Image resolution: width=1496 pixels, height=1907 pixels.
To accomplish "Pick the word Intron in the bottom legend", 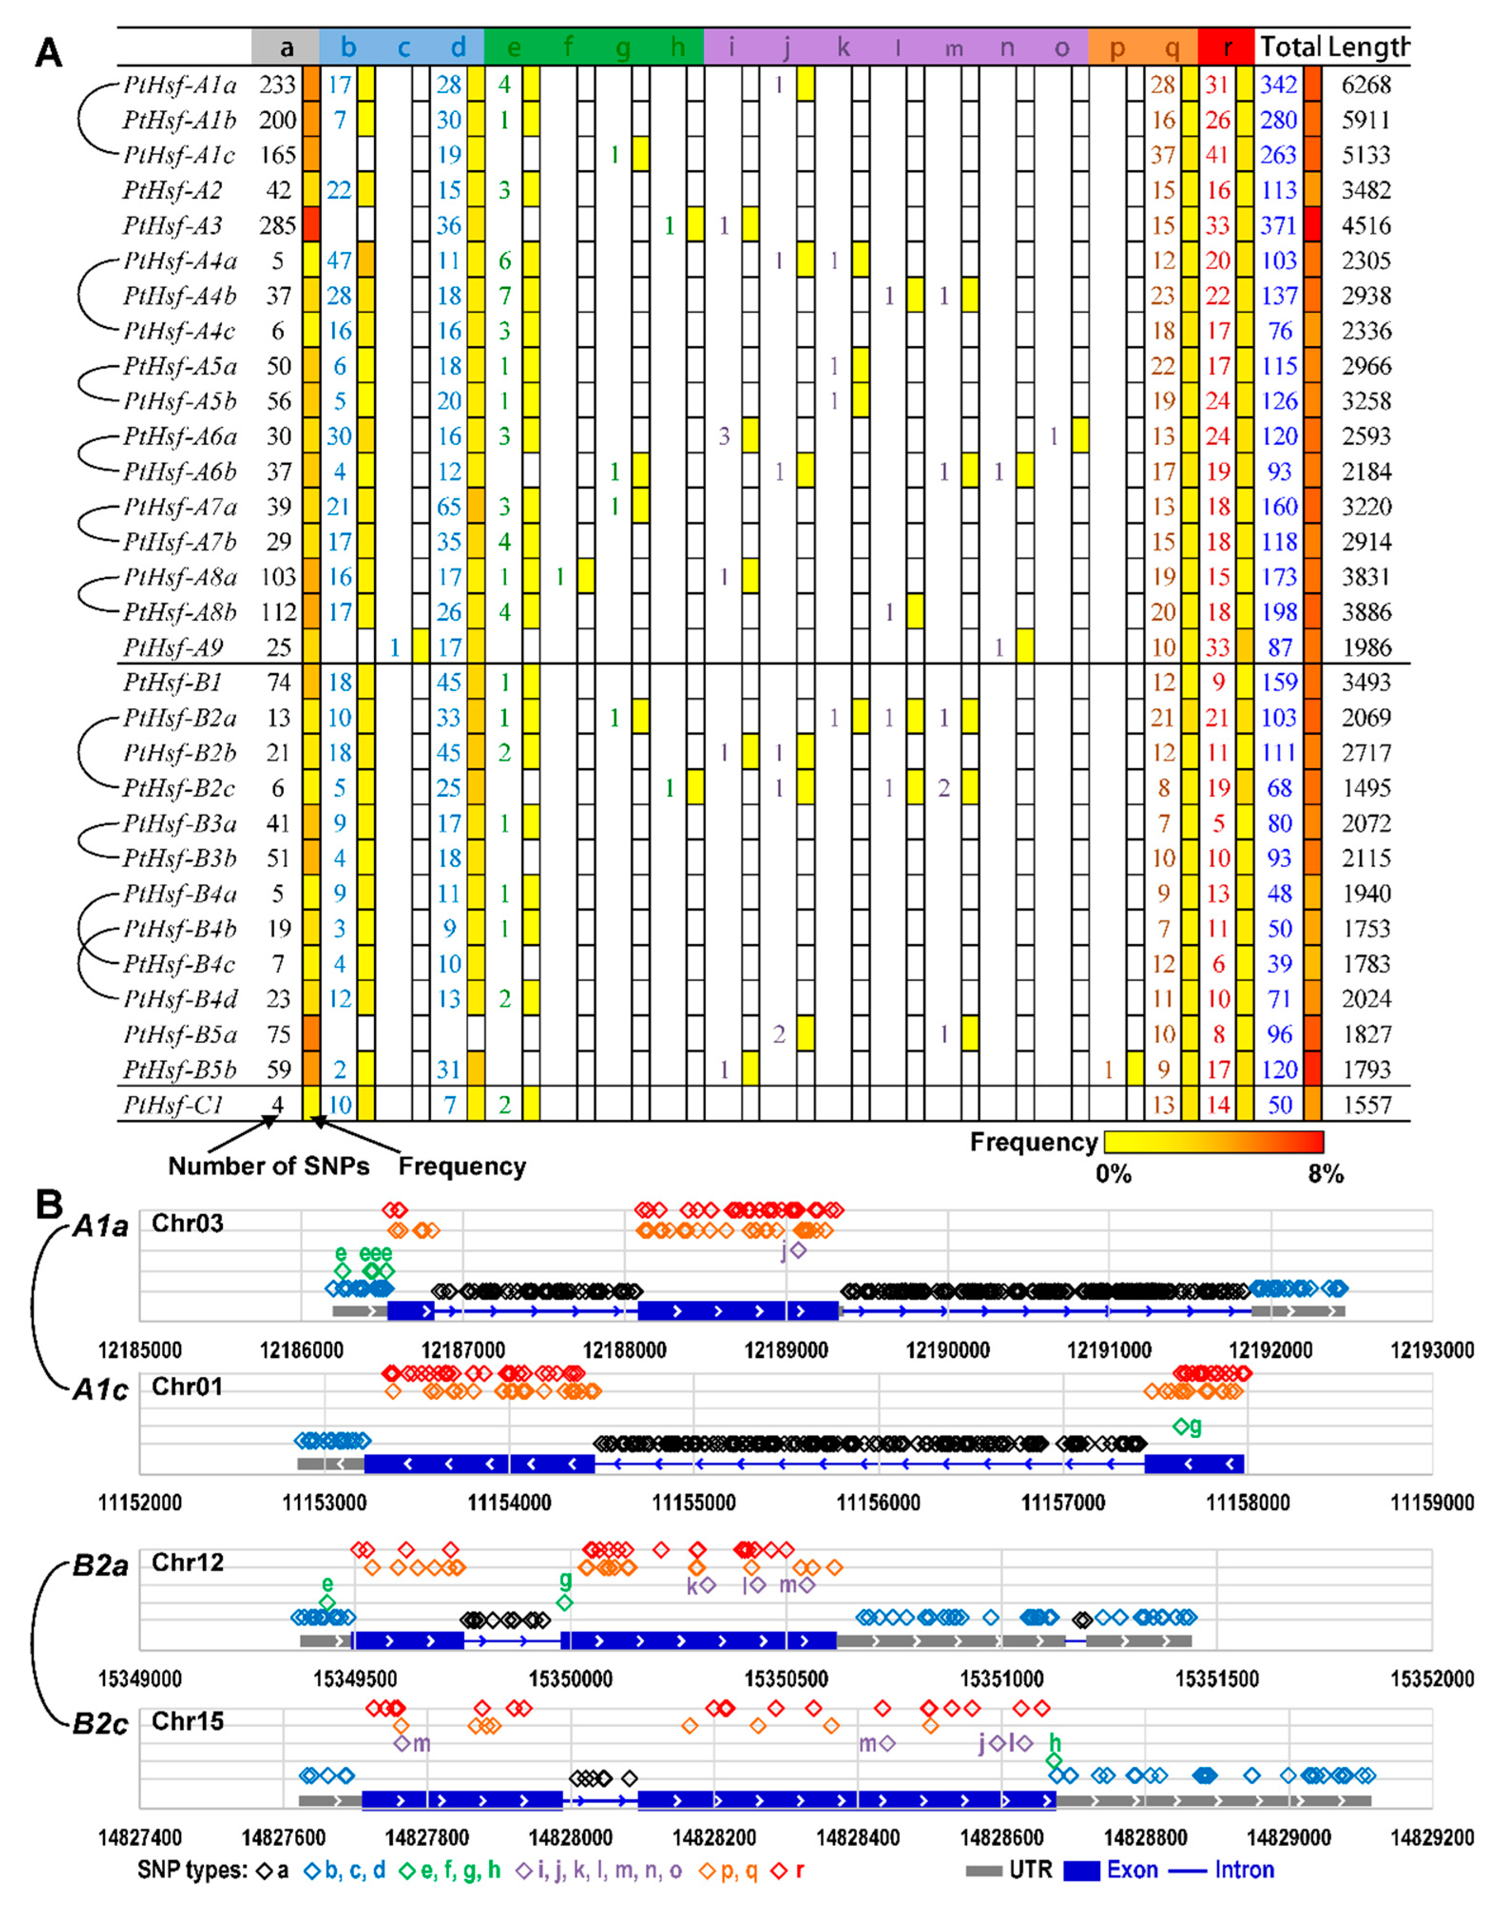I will (x=1244, y=1870).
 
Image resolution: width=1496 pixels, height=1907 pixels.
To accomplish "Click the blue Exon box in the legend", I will (x=1081, y=1871).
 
